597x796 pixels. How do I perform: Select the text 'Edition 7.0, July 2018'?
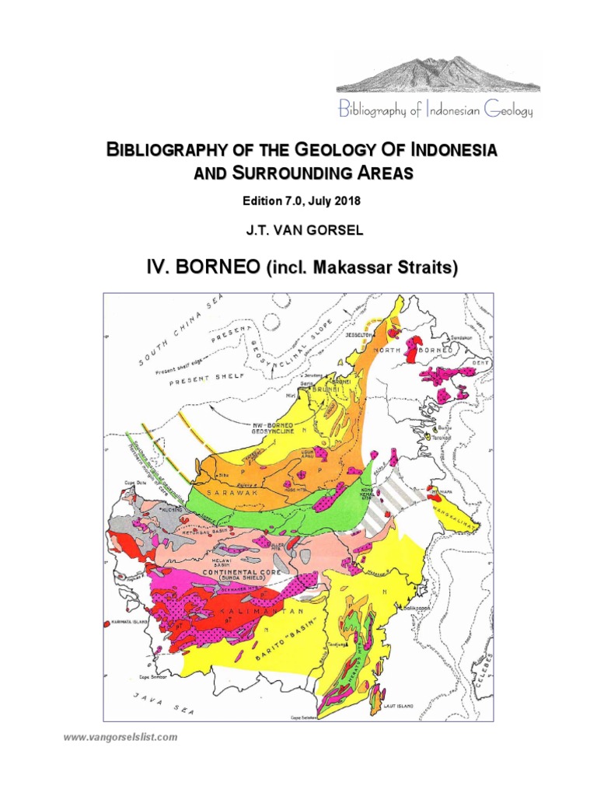(x=302, y=201)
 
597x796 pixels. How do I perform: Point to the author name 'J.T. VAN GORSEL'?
(x=302, y=230)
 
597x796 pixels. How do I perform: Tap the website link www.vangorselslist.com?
(x=120, y=736)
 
